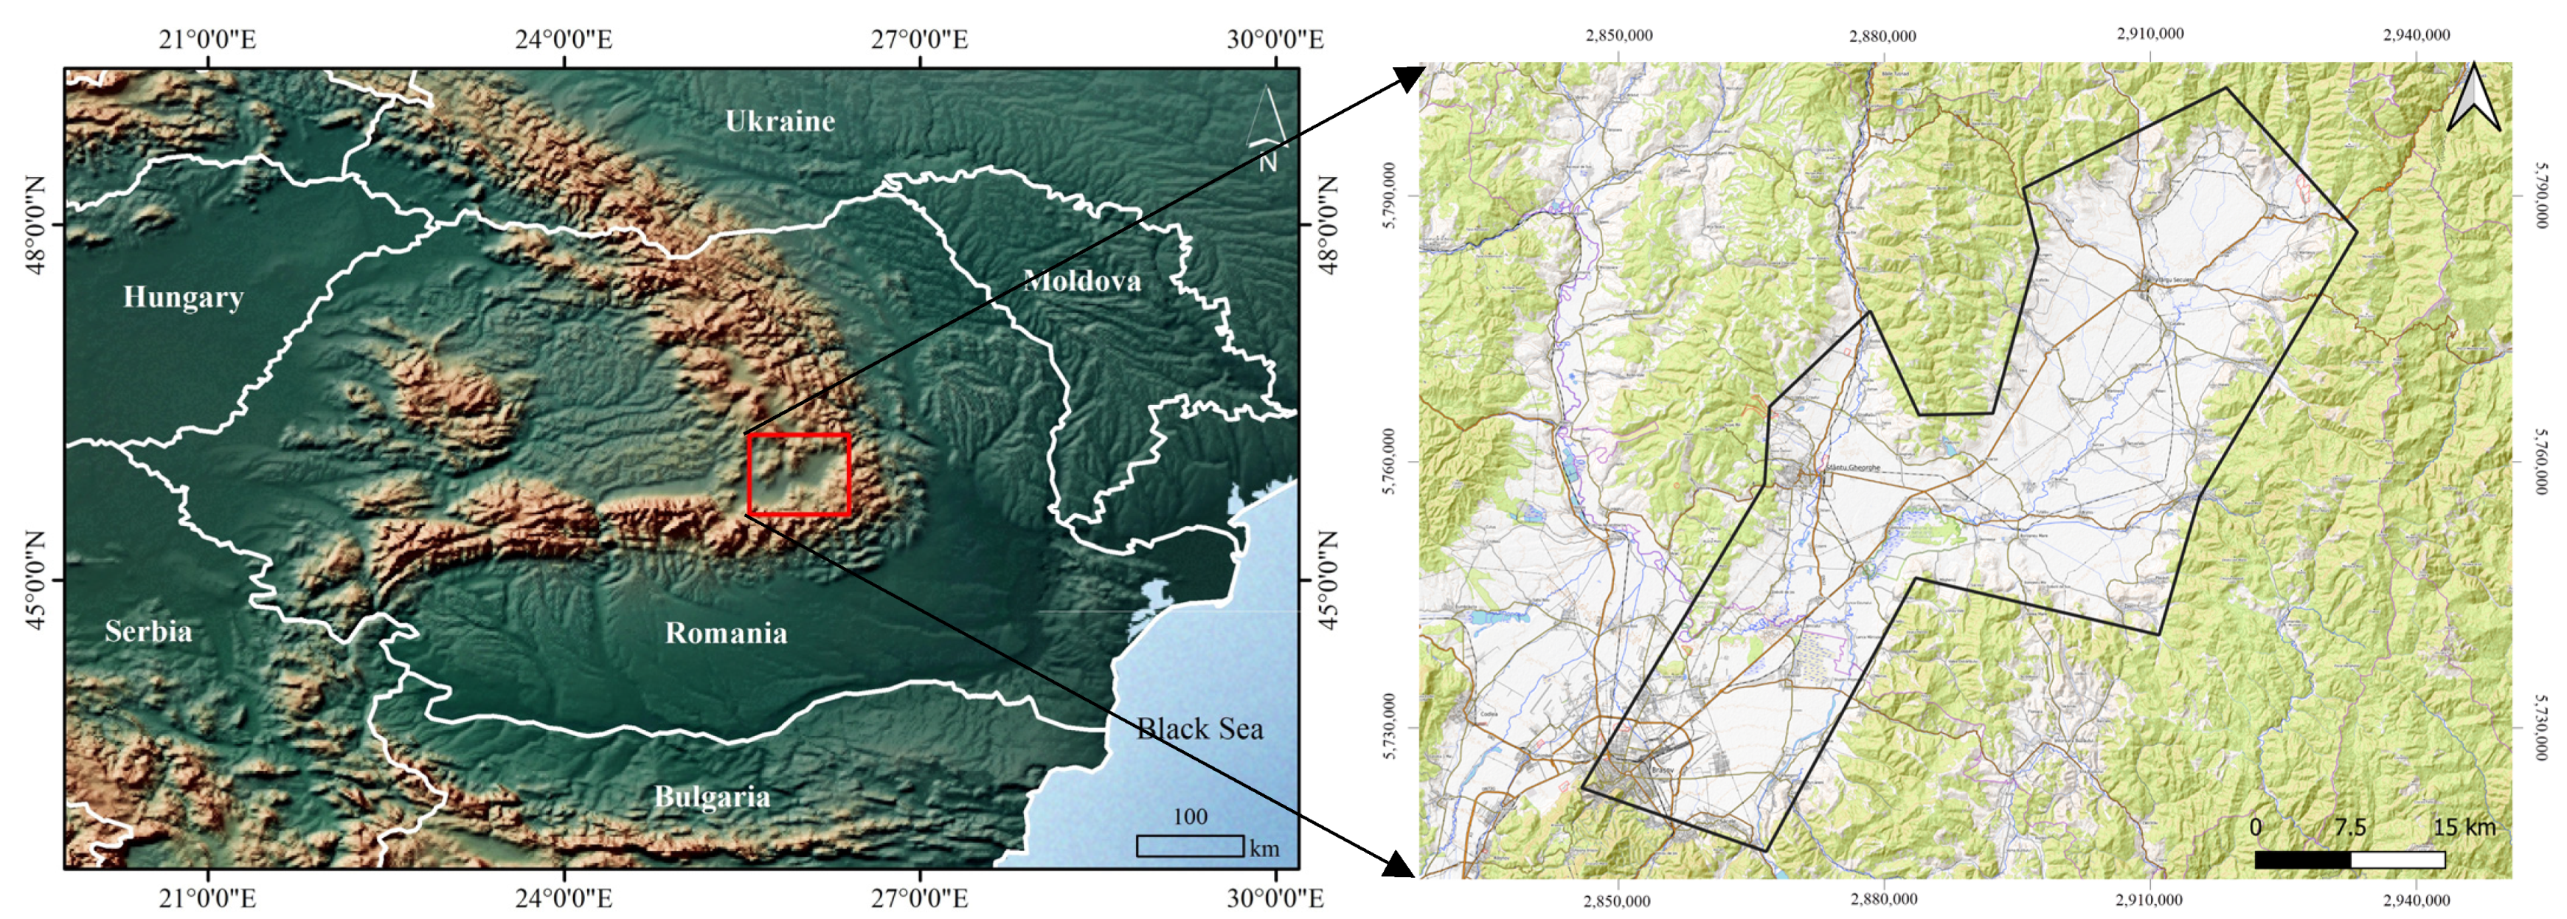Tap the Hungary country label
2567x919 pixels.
click(184, 298)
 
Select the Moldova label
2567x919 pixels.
click(1082, 281)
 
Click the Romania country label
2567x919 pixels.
click(725, 634)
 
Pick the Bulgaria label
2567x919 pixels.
click(712, 797)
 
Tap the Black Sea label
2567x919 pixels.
click(1200, 729)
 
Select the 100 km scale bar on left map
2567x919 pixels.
click(1190, 846)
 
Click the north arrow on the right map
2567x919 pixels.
click(2473, 99)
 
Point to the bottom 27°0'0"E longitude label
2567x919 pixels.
click(919, 899)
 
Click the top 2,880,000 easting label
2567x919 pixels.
click(1882, 36)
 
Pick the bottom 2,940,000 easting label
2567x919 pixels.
click(2416, 900)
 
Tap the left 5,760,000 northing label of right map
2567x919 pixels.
click(1389, 462)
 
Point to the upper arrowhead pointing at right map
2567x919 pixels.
click(1410, 77)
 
